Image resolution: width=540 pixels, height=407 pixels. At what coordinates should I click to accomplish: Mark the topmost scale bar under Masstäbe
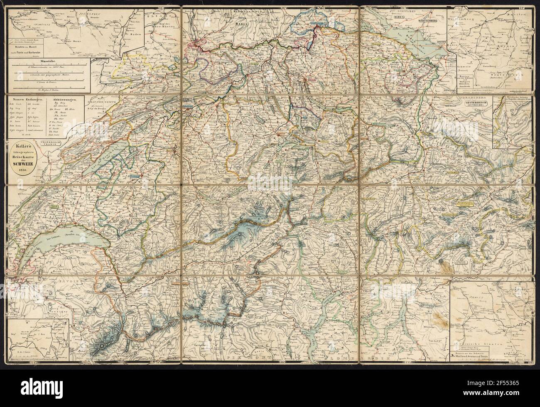(x=50, y=69)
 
